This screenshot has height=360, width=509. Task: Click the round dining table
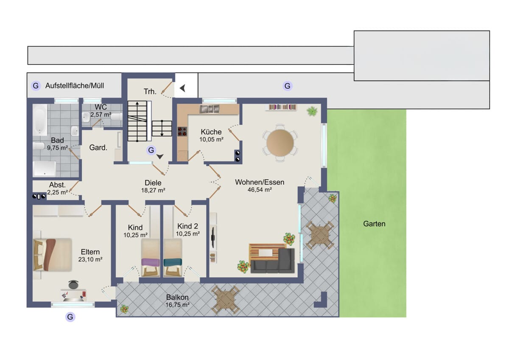coord(280,143)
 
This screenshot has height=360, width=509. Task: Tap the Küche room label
coord(211,132)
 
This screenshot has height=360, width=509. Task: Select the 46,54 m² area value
coord(260,190)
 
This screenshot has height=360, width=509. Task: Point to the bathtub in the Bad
coord(40,120)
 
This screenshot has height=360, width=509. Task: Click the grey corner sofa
coord(273,261)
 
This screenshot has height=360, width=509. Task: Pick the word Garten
coord(374,224)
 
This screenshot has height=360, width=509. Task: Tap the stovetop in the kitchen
coord(182,132)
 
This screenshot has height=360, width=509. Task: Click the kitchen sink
coord(209,109)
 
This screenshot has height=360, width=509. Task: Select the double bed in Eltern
coord(53,255)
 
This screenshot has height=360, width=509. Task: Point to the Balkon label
coord(177,297)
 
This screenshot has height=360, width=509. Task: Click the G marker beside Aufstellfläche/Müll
coord(36,86)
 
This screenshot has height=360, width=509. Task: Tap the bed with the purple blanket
coord(151,257)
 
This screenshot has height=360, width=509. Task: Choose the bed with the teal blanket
coord(173,257)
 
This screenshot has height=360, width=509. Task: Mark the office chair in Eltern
coord(73,284)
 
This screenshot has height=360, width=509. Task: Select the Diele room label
coord(153,183)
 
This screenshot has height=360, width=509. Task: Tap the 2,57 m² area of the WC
coord(101,115)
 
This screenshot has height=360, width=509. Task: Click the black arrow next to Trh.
coord(183,88)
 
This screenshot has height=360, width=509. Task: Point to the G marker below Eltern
coord(70,317)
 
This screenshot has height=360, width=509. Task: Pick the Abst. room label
coord(57,185)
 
